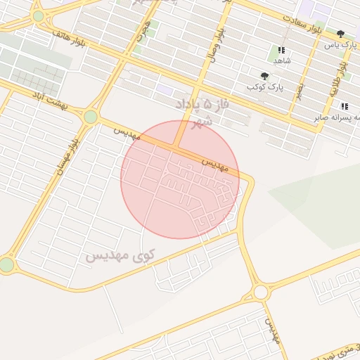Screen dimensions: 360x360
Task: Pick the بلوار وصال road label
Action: click(x=217, y=46)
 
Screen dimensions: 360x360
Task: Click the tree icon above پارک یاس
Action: click(x=341, y=34)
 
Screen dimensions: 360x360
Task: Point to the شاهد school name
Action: click(x=282, y=60)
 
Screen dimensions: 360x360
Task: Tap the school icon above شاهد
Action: click(x=281, y=50)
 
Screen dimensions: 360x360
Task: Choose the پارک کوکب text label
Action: click(x=259, y=86)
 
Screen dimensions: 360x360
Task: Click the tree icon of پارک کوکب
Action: click(x=264, y=76)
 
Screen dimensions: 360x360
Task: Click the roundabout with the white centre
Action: click(x=261, y=291)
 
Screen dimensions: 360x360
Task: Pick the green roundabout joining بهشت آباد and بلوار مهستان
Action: click(x=90, y=117)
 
